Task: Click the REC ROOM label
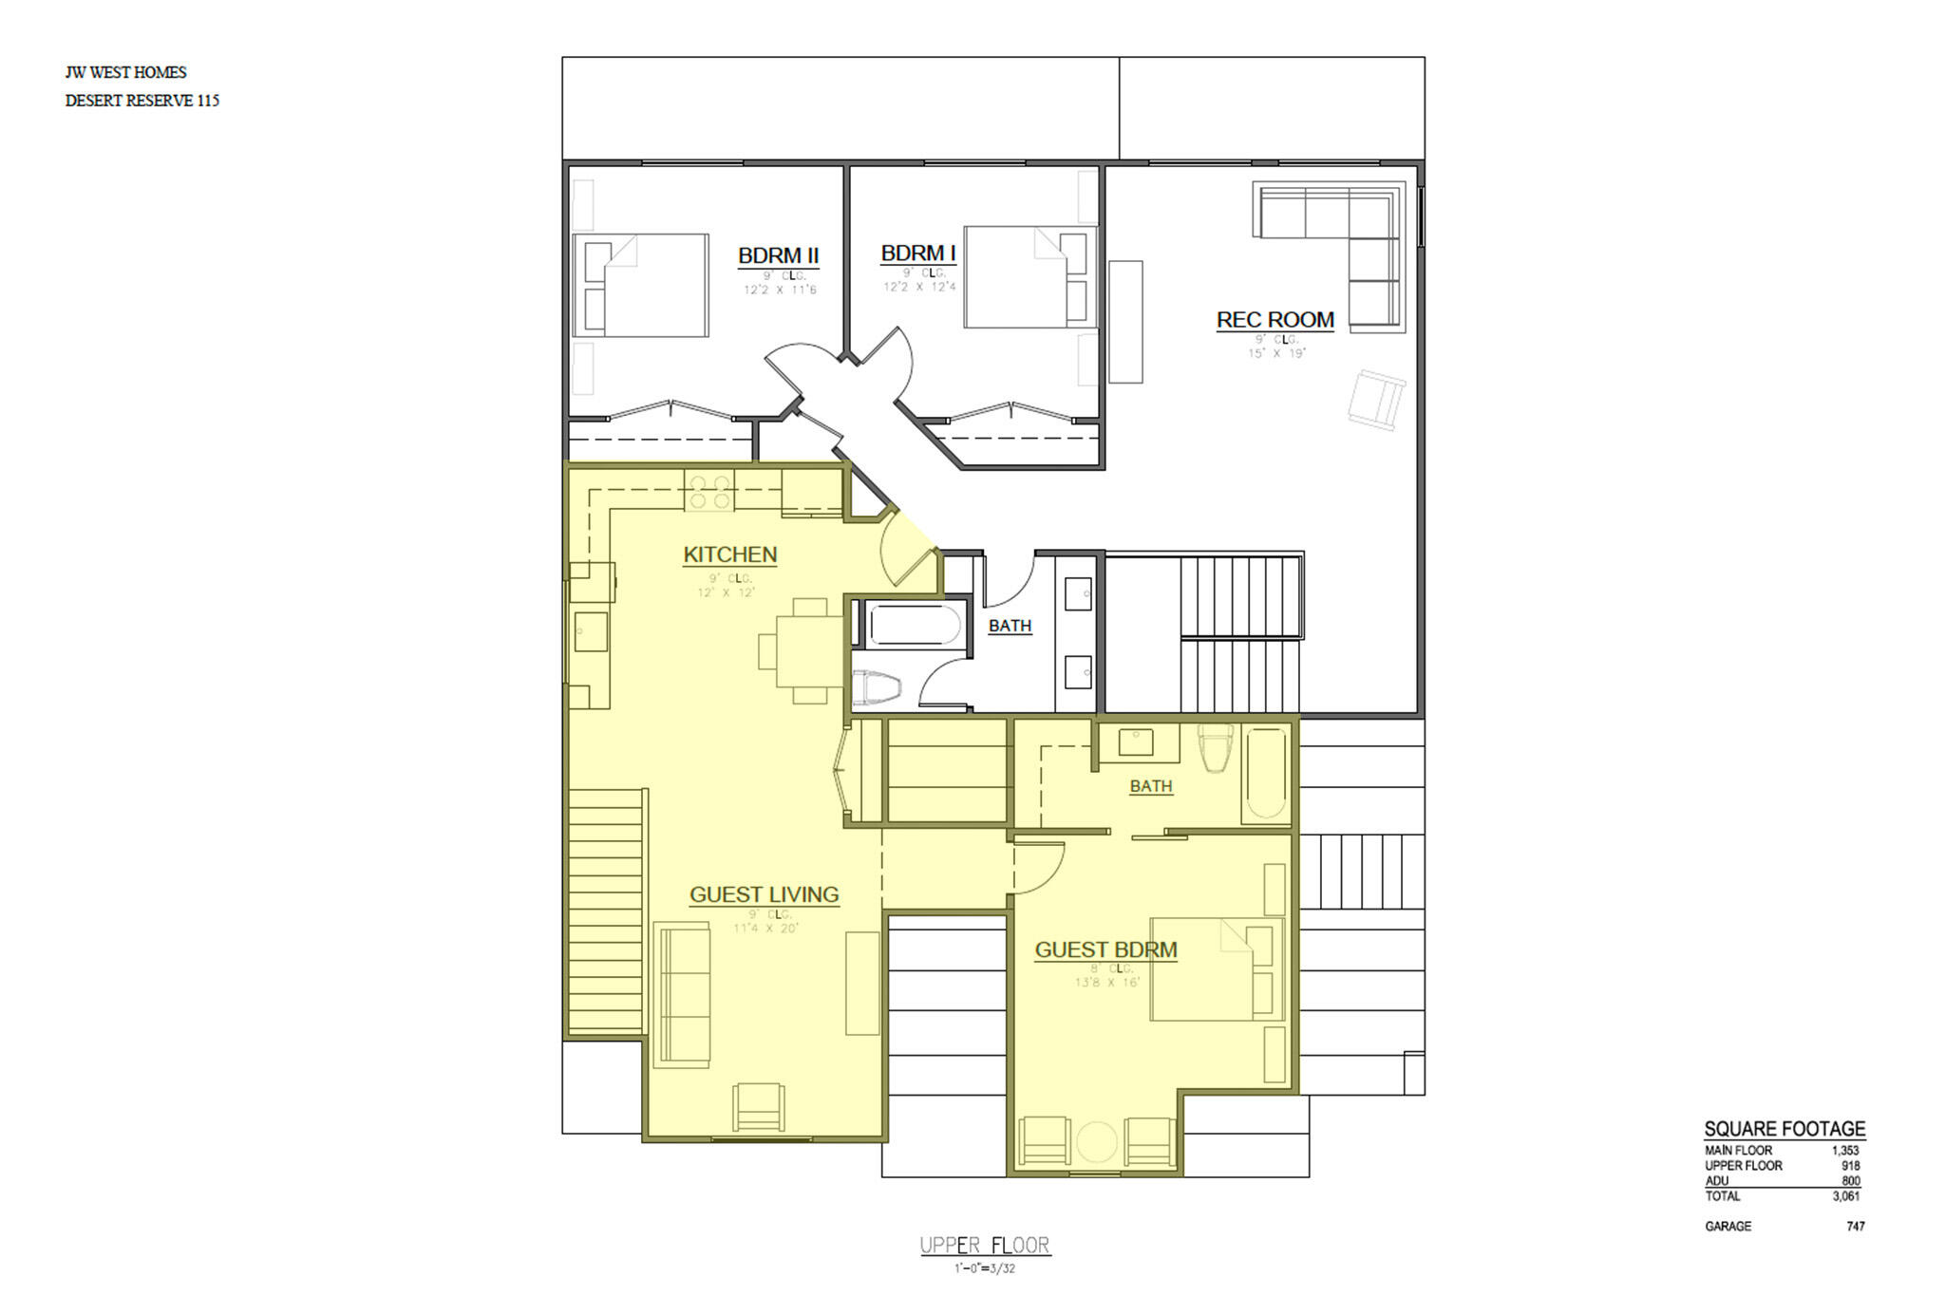[1275, 320]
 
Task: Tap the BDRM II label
[778, 255]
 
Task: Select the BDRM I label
[917, 254]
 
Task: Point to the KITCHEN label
[729, 554]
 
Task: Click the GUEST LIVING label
[764, 894]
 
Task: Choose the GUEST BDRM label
[1105, 949]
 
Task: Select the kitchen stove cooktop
[709, 491]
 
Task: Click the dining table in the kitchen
[809, 651]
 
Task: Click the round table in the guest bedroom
[1096, 1142]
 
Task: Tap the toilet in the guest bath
[1216, 747]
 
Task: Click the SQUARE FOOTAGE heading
[1784, 1129]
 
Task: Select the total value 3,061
[1845, 1196]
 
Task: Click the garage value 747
[1855, 1227]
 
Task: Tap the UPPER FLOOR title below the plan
[984, 1246]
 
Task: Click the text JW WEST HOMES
[125, 72]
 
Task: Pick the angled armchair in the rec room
[1375, 400]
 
